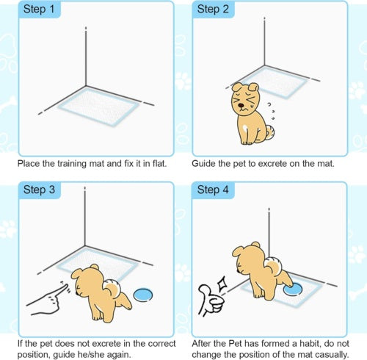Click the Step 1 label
tap(39, 10)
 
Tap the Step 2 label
tap(213, 10)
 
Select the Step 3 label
tap(39, 190)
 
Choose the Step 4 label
tap(213, 190)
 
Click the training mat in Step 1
tap(98, 107)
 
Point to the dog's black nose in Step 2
tap(241, 106)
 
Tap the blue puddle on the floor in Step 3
tap(143, 295)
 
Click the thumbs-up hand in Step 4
tap(211, 300)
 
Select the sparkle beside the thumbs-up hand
tap(222, 284)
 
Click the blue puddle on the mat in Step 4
tap(293, 289)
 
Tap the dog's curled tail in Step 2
tap(270, 132)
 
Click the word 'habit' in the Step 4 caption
tap(310, 344)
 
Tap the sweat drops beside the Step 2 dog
tap(271, 112)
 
